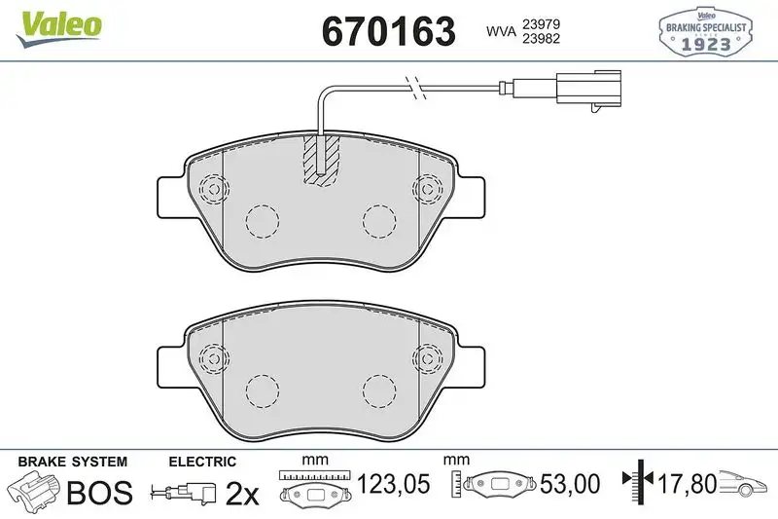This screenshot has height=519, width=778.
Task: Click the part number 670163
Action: click(x=388, y=31)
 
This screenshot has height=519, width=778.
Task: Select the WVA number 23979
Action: click(x=543, y=21)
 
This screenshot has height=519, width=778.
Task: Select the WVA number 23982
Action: click(x=543, y=40)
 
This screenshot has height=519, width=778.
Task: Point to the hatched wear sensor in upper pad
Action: click(x=322, y=158)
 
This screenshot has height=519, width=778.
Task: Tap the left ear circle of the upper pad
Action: click(x=211, y=187)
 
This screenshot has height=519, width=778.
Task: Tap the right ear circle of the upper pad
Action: click(x=427, y=187)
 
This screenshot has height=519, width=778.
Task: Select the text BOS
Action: click(x=98, y=493)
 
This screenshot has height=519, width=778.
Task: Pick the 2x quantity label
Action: click(x=242, y=494)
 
